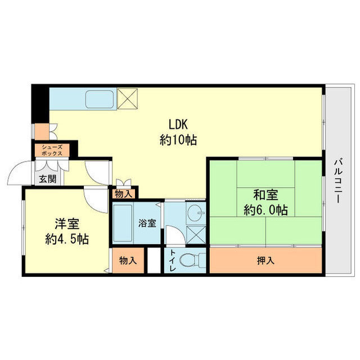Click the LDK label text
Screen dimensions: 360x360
click(x=178, y=124)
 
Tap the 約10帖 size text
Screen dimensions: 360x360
click(x=178, y=140)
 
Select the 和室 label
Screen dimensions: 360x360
click(x=265, y=195)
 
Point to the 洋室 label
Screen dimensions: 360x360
click(x=67, y=224)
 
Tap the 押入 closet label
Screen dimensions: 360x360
click(x=265, y=260)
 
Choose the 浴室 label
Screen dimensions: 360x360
click(x=147, y=223)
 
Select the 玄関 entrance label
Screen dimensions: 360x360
click(x=48, y=179)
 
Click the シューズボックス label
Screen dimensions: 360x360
click(x=52, y=150)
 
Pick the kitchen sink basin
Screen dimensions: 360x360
click(x=100, y=99)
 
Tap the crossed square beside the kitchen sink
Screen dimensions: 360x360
click(x=127, y=99)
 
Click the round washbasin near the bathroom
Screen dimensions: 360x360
click(x=195, y=213)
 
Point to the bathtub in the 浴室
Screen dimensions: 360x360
click(x=123, y=223)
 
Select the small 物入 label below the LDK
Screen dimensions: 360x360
click(x=124, y=194)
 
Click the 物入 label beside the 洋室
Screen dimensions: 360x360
click(x=128, y=260)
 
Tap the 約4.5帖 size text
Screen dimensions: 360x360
click(x=67, y=239)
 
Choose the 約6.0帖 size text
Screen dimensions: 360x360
click(x=265, y=210)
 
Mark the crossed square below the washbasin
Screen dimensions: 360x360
click(x=196, y=235)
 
